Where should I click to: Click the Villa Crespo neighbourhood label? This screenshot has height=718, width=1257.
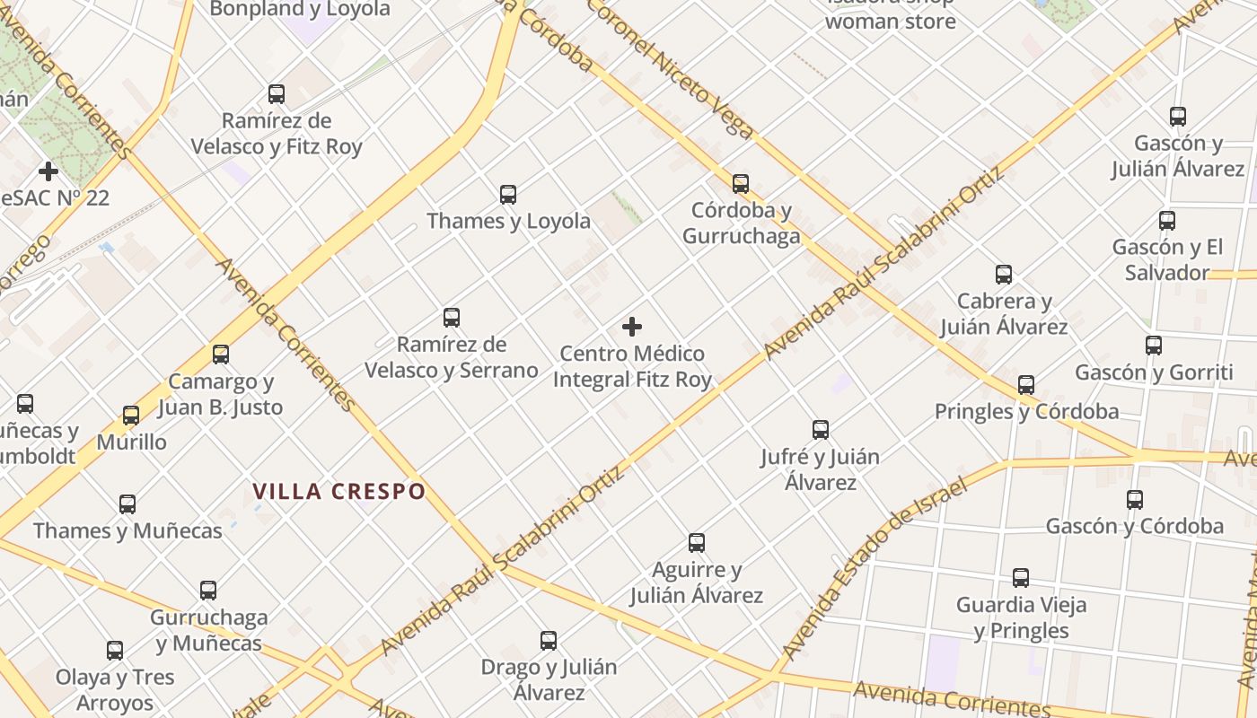pyautogui.click(x=338, y=492)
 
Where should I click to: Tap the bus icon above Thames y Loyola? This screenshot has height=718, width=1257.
pyautogui.click(x=508, y=194)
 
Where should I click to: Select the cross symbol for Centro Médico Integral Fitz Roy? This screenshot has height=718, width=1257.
pyautogui.click(x=632, y=327)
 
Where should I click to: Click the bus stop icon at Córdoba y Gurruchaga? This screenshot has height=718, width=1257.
pyautogui.click(x=740, y=184)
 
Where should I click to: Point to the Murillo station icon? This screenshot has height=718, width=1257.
pyautogui.click(x=131, y=416)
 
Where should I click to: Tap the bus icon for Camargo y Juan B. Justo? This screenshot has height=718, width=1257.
pyautogui.click(x=221, y=355)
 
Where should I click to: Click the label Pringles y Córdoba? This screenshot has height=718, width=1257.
pyautogui.click(x=1026, y=412)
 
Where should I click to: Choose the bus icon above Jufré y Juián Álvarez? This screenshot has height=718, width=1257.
pyautogui.click(x=820, y=430)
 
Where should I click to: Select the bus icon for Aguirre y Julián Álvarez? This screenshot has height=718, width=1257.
pyautogui.click(x=696, y=543)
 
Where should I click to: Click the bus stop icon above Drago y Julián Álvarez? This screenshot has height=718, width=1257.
pyautogui.click(x=549, y=641)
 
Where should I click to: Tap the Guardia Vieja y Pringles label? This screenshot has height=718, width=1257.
pyautogui.click(x=1021, y=617)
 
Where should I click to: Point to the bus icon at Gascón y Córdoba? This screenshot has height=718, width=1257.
pyautogui.click(x=1135, y=500)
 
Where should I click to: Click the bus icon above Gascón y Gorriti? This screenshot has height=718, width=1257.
pyautogui.click(x=1154, y=346)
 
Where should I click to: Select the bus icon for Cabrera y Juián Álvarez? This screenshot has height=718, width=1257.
pyautogui.click(x=1004, y=275)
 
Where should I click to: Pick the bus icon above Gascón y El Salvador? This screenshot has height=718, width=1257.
pyautogui.click(x=1166, y=221)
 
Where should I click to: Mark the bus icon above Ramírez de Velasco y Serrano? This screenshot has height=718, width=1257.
pyautogui.click(x=452, y=318)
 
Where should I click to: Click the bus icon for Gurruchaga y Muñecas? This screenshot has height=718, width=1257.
pyautogui.click(x=208, y=591)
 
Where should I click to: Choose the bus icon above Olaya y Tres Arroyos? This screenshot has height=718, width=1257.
pyautogui.click(x=115, y=651)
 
